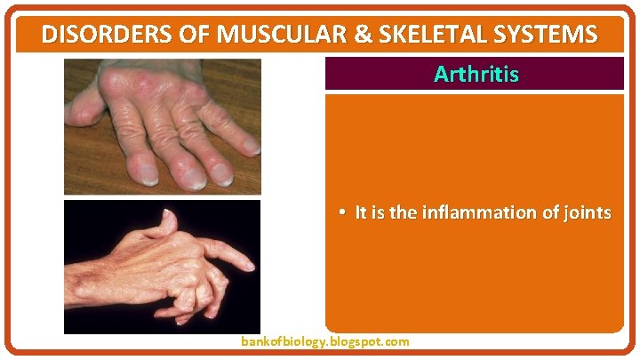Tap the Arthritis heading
pyautogui.click(x=476, y=75)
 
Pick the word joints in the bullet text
pyautogui.click(x=586, y=213)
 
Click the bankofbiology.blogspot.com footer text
pyautogui.click(x=325, y=341)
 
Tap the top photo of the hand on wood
pyautogui.click(x=162, y=126)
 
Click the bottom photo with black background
pyautogui.click(x=162, y=267)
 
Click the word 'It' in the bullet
pyautogui.click(x=360, y=213)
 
